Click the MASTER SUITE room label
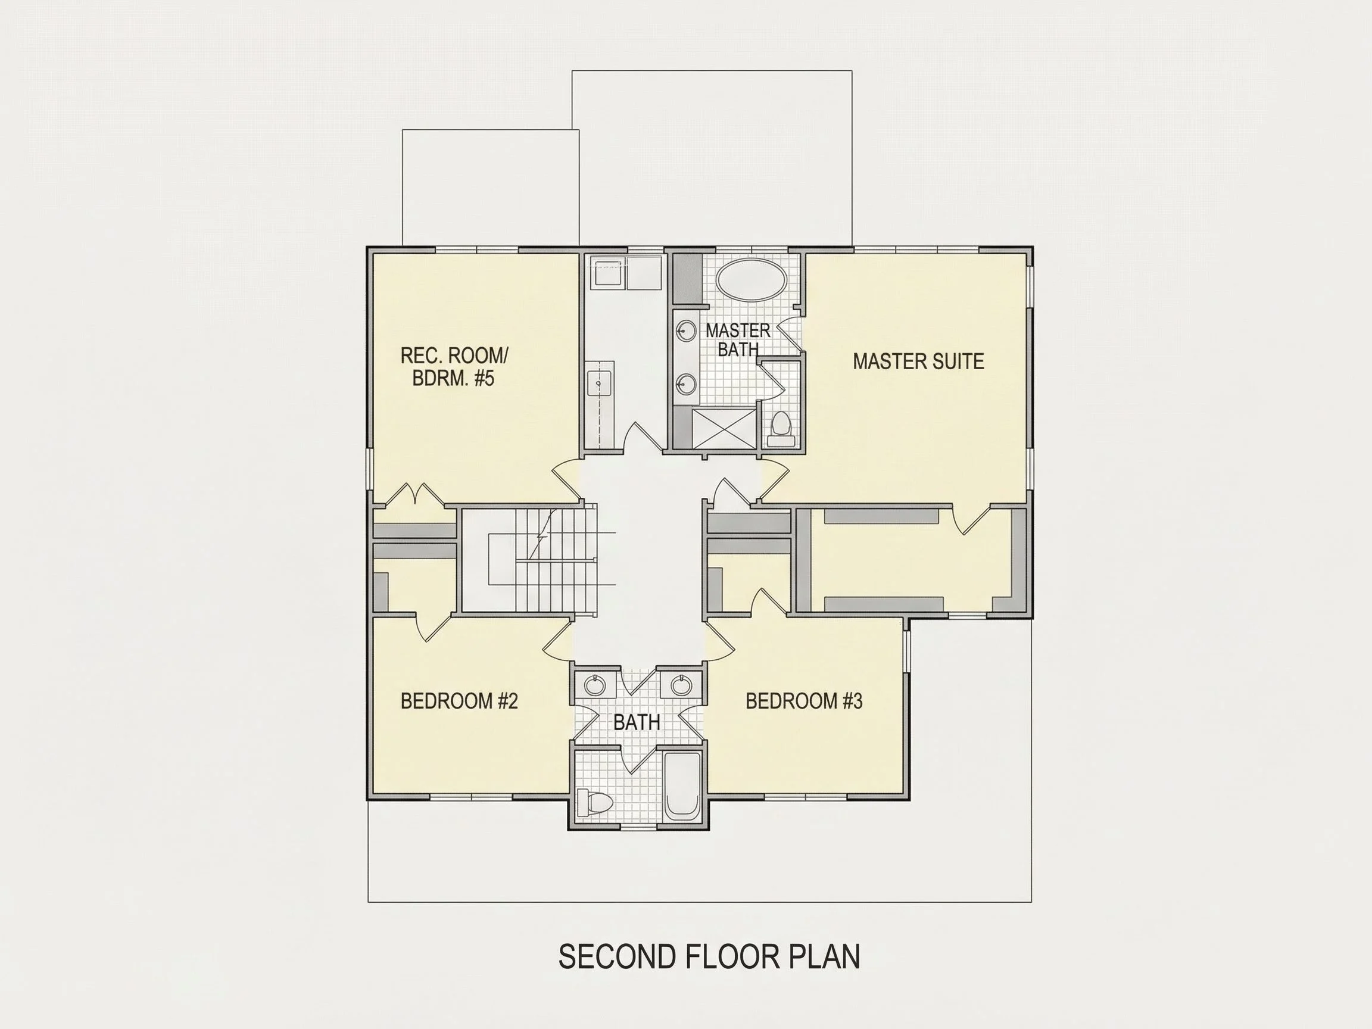(x=918, y=361)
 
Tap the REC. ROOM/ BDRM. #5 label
(x=454, y=367)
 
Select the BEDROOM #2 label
(x=459, y=701)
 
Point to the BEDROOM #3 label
(x=804, y=701)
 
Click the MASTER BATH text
(x=738, y=339)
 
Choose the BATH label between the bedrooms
(x=637, y=722)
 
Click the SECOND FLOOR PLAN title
(x=709, y=956)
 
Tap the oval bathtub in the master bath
(x=751, y=281)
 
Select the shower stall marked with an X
(x=725, y=428)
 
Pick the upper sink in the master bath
(x=686, y=330)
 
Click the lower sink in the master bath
(x=686, y=384)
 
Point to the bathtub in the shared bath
(x=682, y=785)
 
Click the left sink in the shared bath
(x=595, y=685)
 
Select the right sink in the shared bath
(x=681, y=685)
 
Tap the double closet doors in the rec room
(x=414, y=494)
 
